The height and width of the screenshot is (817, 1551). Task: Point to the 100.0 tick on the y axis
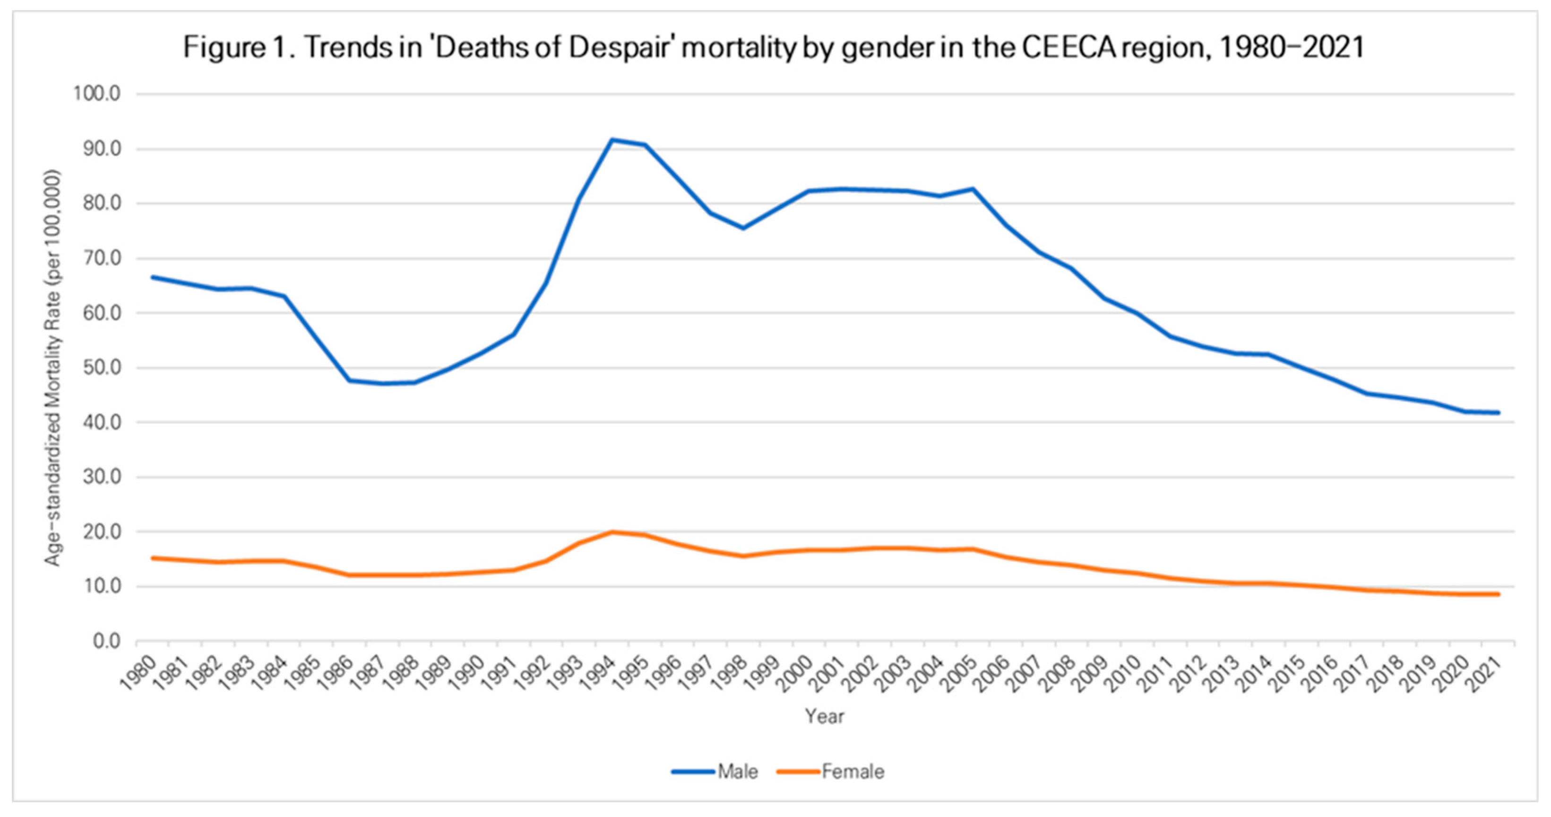pyautogui.click(x=96, y=94)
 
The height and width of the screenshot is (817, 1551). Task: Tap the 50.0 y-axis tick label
pyautogui.click(x=99, y=368)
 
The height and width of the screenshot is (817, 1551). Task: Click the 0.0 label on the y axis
pyautogui.click(x=107, y=641)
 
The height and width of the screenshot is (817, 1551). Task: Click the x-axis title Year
pyautogui.click(x=824, y=716)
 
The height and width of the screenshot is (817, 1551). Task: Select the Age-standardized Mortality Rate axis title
pyautogui.click(x=53, y=368)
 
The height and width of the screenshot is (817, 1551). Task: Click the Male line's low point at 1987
pyautogui.click(x=383, y=384)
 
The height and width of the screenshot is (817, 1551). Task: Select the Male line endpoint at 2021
pyautogui.click(x=1498, y=413)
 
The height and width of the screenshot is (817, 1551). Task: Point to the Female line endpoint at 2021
pyautogui.click(x=1498, y=594)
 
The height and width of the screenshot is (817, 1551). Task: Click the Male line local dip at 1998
pyautogui.click(x=743, y=228)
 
